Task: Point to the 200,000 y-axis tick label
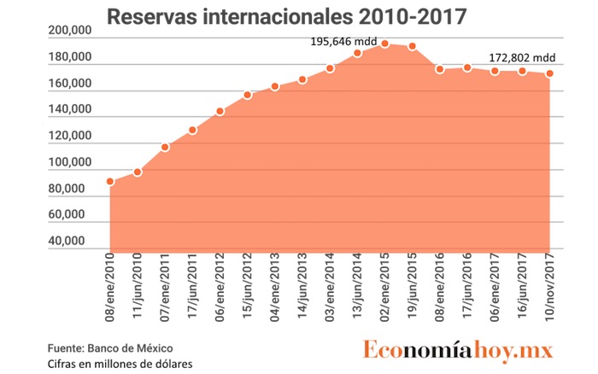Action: coord(71,31)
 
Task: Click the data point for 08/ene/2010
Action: coord(110,181)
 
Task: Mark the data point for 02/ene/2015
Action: coord(385,44)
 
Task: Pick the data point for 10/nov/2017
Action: coord(550,73)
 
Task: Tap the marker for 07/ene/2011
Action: coord(165,147)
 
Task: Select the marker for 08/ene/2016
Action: coord(440,69)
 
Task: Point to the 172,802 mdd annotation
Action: coord(522,58)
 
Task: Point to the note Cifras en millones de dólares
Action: coord(120,365)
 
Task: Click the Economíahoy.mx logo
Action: coord(457,351)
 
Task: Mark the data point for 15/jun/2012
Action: coord(248,95)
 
